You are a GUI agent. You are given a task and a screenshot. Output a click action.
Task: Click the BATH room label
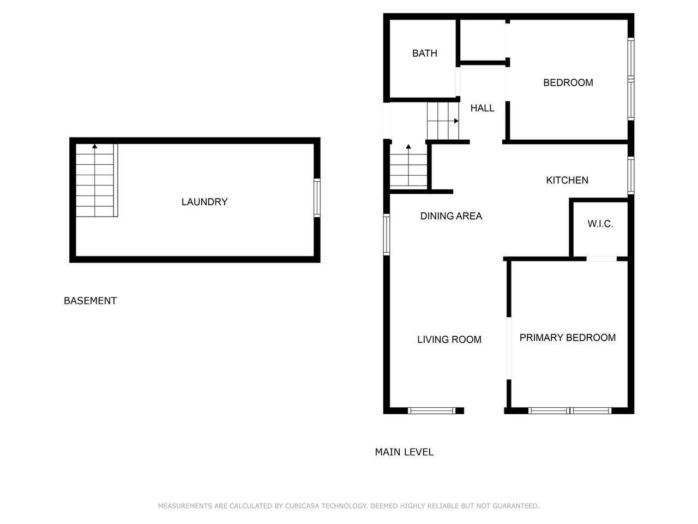pyautogui.click(x=424, y=53)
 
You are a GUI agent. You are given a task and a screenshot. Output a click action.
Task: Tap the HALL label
pyautogui.click(x=482, y=108)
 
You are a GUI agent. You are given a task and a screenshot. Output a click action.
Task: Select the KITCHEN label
pyautogui.click(x=567, y=180)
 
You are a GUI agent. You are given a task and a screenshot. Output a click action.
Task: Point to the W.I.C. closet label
pyautogui.click(x=600, y=224)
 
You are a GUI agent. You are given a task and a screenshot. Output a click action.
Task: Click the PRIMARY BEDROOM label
pyautogui.click(x=567, y=337)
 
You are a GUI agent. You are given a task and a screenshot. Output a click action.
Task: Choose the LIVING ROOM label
pyautogui.click(x=449, y=340)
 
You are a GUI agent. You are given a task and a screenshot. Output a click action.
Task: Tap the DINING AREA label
pyautogui.click(x=451, y=216)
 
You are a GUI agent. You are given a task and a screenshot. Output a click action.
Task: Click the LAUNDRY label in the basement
pyautogui.click(x=204, y=202)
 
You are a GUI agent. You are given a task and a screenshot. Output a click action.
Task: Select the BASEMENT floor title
pyautogui.click(x=91, y=301)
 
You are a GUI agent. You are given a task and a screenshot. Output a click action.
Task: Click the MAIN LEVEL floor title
pyautogui.click(x=404, y=452)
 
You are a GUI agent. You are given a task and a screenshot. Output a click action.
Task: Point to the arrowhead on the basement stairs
pyautogui.click(x=94, y=146)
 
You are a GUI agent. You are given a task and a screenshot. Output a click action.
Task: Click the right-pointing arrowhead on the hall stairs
pyautogui.click(x=456, y=121)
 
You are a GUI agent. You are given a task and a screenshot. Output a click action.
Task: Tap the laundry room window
pyautogui.click(x=317, y=198)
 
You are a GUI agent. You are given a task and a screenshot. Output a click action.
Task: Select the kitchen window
pyautogui.click(x=630, y=175)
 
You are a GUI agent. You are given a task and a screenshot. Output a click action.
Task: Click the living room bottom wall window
pyautogui.click(x=431, y=410)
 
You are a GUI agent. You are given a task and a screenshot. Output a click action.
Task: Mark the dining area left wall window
pyautogui.click(x=387, y=235)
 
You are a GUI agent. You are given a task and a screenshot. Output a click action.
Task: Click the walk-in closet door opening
pyautogui.click(x=601, y=259)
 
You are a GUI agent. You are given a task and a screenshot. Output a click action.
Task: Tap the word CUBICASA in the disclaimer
pyautogui.click(x=302, y=506)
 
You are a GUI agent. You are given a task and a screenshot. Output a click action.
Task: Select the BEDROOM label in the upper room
pyautogui.click(x=568, y=83)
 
